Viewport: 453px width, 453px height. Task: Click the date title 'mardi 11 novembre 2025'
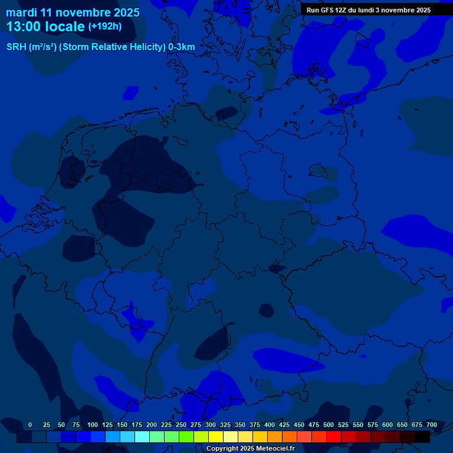[x=73, y=12]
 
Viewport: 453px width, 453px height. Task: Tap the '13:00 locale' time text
[x=45, y=27]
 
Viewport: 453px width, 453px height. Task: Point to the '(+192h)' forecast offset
[x=104, y=26]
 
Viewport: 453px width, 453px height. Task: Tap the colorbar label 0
[x=30, y=425]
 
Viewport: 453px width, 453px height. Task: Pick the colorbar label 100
[x=93, y=425]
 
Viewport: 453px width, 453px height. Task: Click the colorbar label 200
[x=152, y=425]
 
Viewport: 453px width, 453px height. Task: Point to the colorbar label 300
[x=211, y=425]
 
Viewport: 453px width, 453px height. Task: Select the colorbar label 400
[x=270, y=425]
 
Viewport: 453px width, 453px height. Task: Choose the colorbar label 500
[x=329, y=425]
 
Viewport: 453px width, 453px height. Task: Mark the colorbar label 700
[x=432, y=425]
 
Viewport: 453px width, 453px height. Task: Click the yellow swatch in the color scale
[x=216, y=436]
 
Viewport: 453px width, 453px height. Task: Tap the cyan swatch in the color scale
[x=142, y=436]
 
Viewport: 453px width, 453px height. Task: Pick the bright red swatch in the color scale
[x=334, y=436]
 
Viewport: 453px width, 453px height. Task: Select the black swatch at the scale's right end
[x=422, y=436]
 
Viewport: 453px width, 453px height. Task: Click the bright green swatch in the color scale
[x=186, y=436]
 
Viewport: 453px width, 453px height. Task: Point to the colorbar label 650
[x=402, y=425]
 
